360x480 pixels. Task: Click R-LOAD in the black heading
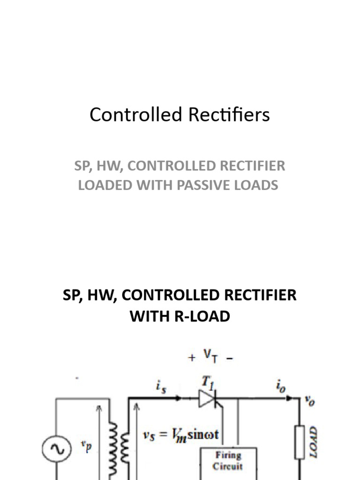click(200, 316)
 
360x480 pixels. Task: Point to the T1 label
click(207, 382)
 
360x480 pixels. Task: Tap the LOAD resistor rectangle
click(300, 442)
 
